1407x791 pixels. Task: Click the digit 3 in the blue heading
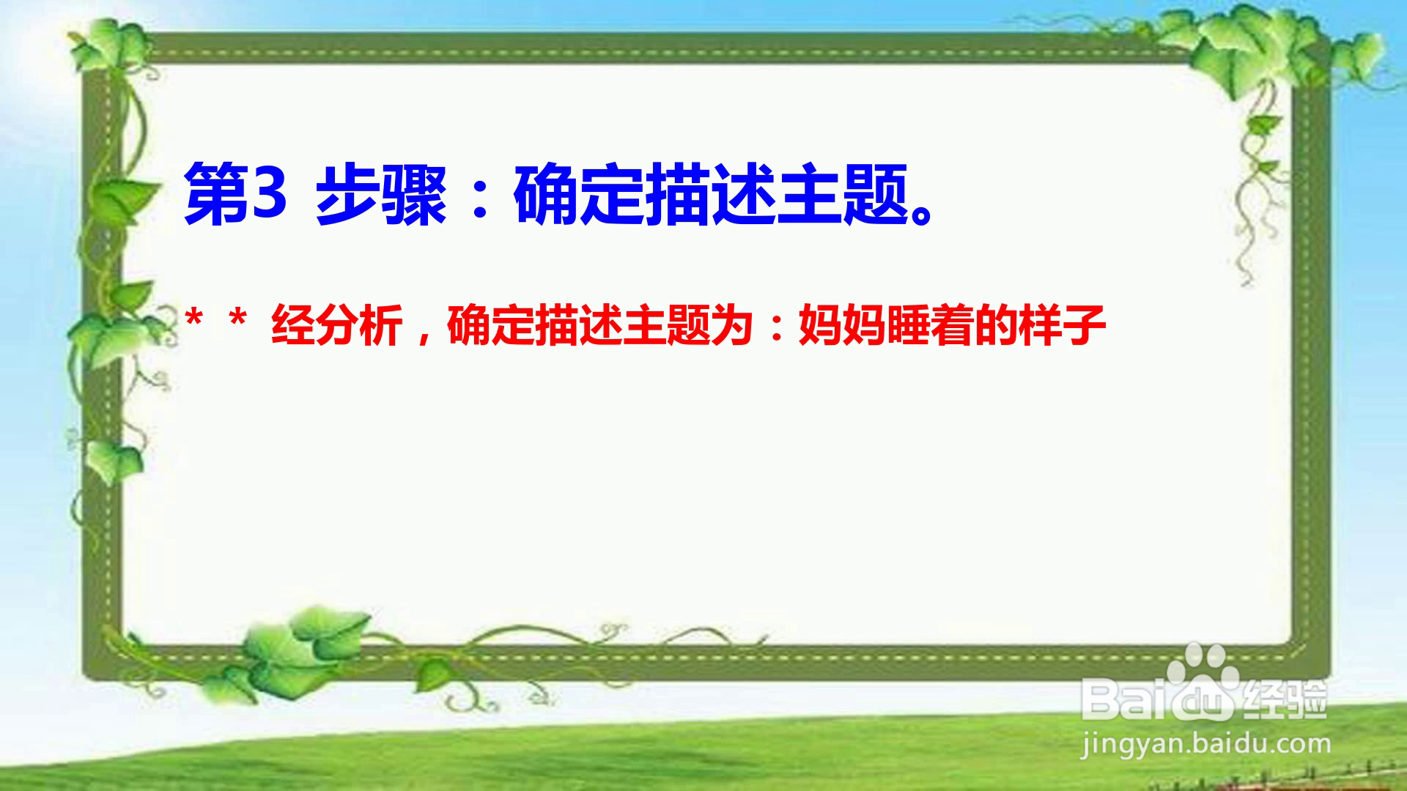point(269,194)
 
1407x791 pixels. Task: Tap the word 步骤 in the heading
point(381,196)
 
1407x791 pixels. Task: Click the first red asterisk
point(194,320)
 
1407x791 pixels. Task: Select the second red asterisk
point(237,320)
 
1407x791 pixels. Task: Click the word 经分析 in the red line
point(337,326)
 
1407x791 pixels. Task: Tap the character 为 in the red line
point(732,326)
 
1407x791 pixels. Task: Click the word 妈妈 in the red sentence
point(843,326)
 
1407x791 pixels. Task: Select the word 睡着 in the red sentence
point(931,326)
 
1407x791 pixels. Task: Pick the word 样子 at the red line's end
point(1063,326)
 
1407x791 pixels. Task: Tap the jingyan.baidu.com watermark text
point(1205,745)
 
